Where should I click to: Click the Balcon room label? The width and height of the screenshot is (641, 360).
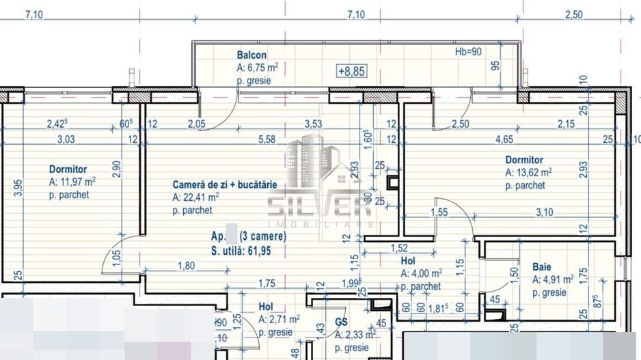[x=251, y=55]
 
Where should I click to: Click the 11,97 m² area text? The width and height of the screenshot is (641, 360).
[x=72, y=182]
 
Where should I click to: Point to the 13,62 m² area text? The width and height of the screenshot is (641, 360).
[x=528, y=173]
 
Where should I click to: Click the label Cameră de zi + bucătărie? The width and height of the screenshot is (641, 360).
[x=224, y=184]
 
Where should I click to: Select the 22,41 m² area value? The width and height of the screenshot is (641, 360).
[x=196, y=197]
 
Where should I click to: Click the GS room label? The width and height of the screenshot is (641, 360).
[x=342, y=321]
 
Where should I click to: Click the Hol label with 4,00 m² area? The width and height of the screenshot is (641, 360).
[x=408, y=261]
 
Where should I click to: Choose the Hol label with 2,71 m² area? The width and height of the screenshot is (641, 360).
[x=266, y=307]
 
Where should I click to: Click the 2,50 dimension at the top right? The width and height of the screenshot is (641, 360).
[x=573, y=14]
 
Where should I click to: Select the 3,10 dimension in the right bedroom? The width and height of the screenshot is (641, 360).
[x=545, y=213]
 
